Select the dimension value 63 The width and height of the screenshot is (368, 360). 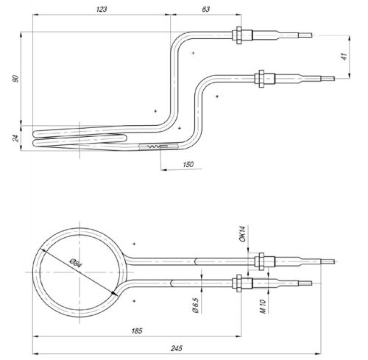click(206, 10)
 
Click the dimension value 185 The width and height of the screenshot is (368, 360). click(137, 332)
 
